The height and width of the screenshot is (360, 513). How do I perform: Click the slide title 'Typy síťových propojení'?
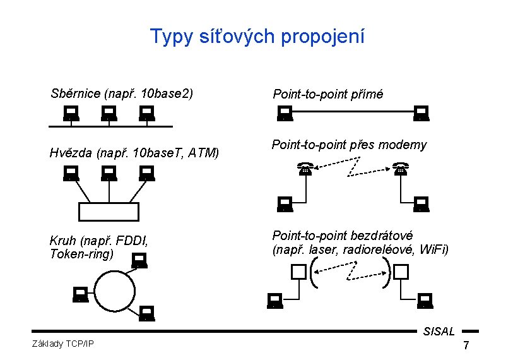[x=257, y=37]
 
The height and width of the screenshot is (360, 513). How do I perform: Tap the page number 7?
[x=466, y=345]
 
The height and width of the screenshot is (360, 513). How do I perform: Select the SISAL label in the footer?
[x=439, y=331]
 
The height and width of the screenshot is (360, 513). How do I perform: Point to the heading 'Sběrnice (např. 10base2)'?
[x=121, y=94]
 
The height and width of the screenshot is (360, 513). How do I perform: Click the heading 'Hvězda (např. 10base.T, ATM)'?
[x=134, y=152]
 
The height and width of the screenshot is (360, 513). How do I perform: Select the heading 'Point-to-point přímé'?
[x=327, y=95]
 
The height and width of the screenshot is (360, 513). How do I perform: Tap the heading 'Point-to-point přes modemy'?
[x=349, y=145]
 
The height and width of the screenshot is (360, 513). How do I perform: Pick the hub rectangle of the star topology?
[x=108, y=211]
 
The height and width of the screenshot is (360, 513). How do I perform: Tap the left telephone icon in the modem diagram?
[x=305, y=169]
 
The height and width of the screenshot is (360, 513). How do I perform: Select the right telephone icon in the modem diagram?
[x=399, y=169]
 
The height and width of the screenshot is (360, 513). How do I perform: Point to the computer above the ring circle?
[x=139, y=260]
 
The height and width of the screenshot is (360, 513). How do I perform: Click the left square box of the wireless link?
[x=298, y=272]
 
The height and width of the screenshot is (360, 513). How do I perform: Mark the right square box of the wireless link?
[x=401, y=272]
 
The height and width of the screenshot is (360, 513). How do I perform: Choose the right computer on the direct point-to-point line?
[x=421, y=114]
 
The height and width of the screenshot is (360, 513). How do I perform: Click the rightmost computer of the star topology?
[x=146, y=172]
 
